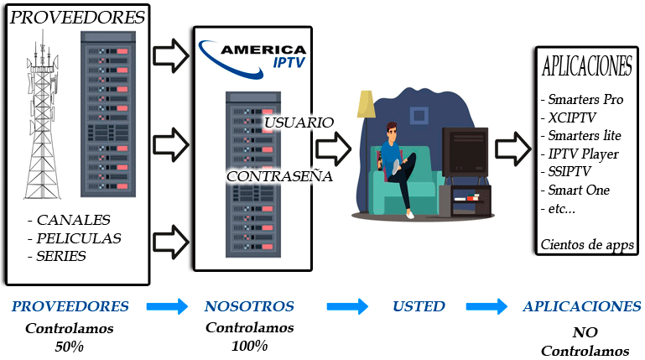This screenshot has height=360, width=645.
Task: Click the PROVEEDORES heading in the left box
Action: [77, 18]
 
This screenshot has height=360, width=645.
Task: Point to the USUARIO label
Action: [299, 123]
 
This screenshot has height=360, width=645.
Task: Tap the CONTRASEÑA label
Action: [280, 177]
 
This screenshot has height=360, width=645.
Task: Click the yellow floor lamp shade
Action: [367, 104]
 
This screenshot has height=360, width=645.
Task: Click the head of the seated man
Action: [394, 133]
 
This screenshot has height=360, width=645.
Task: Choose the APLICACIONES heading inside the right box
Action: [587, 66]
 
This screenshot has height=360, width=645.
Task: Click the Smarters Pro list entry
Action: [585, 99]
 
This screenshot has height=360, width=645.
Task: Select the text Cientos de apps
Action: [586, 245]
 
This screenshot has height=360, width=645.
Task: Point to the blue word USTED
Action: [419, 306]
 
